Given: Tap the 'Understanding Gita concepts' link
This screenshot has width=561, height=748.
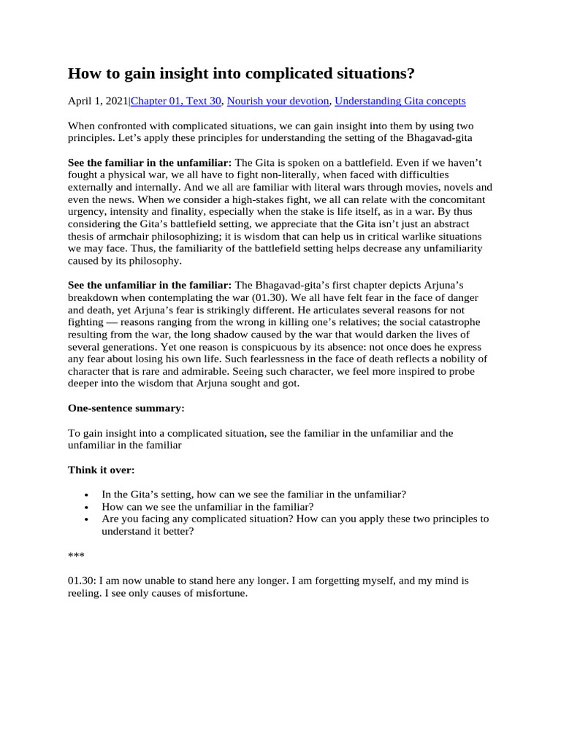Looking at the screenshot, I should (400, 102).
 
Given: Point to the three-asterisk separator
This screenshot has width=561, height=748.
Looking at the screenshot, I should (76, 557).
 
